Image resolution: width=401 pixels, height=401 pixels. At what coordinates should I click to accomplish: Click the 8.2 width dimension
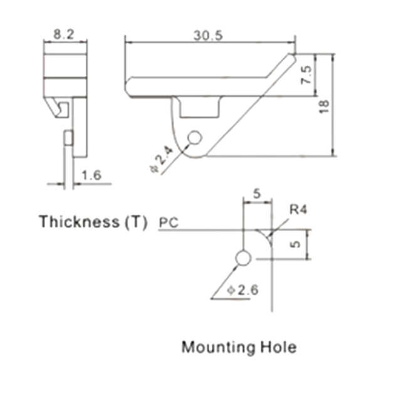64,34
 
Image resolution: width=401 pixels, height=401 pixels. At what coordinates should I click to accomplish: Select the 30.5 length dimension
208,36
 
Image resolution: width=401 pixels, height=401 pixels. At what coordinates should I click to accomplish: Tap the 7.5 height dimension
306,75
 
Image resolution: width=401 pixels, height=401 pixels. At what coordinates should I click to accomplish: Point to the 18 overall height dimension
324,107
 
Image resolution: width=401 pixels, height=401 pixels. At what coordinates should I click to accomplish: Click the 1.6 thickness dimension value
91,175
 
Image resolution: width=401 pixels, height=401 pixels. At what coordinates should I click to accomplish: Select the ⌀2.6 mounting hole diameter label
242,290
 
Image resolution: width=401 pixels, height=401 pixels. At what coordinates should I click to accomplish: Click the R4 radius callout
298,209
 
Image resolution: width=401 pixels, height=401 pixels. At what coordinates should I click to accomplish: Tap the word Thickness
80,221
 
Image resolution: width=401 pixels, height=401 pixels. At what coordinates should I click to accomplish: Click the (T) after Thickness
136,222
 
